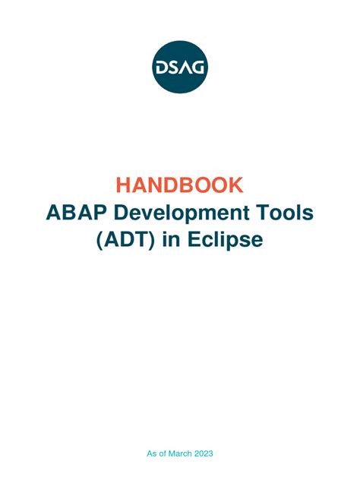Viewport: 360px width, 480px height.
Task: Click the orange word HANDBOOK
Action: [180, 185]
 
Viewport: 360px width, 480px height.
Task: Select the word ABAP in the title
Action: [71, 212]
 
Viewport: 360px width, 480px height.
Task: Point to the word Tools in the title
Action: [284, 212]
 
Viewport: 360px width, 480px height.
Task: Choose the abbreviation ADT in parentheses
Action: [129, 239]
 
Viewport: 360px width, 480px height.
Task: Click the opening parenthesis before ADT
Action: [101, 240]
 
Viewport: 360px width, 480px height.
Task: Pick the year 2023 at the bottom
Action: [204, 453]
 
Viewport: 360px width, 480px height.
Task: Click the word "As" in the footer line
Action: [151, 453]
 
